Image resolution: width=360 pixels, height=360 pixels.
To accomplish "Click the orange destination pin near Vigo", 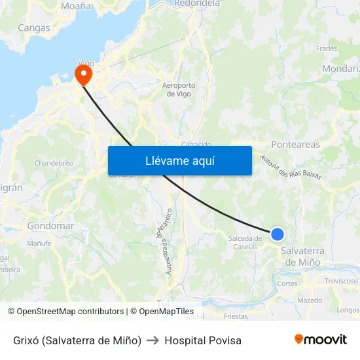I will click(x=84, y=74).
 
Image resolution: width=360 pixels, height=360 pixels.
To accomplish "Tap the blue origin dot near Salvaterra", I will click(x=278, y=234).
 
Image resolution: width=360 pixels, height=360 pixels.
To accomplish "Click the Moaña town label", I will click(x=76, y=6).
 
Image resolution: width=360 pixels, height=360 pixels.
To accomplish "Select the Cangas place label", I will click(x=34, y=27).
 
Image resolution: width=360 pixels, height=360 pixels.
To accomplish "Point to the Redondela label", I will click(x=197, y=3).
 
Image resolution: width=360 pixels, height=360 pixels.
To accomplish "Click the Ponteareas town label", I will click(x=295, y=145).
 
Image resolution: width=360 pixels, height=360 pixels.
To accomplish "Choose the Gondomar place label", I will click(x=50, y=226).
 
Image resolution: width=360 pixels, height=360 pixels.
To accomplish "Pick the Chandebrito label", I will click(x=54, y=163).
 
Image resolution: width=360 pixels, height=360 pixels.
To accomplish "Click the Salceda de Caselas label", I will click(x=245, y=242).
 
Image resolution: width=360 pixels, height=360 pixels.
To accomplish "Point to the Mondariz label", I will click(x=341, y=68).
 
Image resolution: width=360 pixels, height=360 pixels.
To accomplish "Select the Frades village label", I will click(x=327, y=48).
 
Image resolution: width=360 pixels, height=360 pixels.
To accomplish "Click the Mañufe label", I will click(x=39, y=243).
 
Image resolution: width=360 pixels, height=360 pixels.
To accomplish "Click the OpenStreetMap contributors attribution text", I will click(x=66, y=312).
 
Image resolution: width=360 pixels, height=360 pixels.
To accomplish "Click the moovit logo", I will click(x=321, y=339).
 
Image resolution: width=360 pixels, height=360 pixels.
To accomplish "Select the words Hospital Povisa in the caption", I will click(x=203, y=340).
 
